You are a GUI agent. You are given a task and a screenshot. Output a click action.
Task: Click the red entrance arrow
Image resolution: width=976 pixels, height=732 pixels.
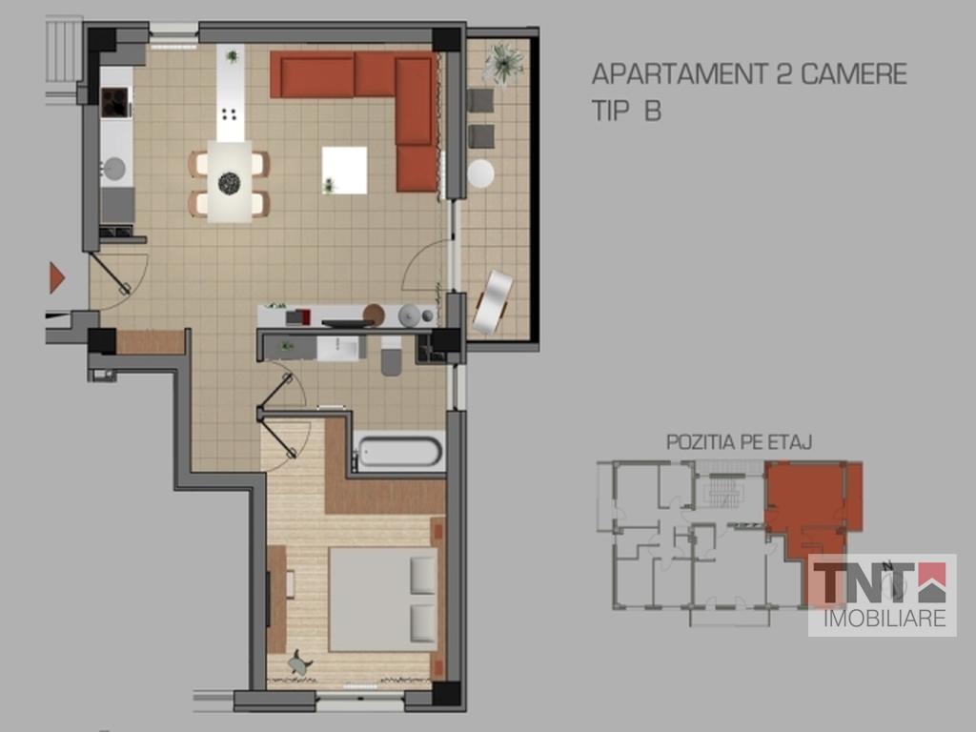(56, 277)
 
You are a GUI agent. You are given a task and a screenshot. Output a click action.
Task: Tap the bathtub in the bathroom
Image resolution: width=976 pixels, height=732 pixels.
(399, 451)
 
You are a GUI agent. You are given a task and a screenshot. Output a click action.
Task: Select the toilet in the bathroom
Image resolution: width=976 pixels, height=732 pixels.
(391, 356)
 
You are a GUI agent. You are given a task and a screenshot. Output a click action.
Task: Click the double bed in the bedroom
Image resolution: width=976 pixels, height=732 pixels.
(383, 599)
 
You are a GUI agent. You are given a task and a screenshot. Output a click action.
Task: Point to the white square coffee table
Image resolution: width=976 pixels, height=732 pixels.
(344, 170)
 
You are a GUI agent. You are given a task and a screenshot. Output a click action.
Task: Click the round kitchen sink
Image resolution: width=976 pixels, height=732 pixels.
(114, 169)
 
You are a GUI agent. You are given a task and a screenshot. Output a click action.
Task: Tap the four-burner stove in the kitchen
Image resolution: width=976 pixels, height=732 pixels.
(114, 103)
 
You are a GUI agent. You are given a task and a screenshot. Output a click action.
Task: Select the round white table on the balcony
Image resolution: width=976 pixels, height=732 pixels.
(480, 173)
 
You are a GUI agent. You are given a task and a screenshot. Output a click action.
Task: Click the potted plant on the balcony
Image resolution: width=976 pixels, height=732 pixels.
(503, 63)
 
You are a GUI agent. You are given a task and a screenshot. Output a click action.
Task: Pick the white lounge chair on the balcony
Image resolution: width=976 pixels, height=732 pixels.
(493, 302)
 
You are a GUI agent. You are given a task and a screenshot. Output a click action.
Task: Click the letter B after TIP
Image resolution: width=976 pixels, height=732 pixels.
(652, 111)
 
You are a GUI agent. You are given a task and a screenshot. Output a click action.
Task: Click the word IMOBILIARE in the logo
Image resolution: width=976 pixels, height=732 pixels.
(884, 618)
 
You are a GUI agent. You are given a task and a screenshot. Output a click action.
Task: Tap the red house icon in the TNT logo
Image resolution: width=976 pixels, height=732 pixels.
(932, 582)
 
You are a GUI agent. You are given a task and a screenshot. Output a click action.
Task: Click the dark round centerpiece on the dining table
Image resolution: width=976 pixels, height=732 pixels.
(229, 183)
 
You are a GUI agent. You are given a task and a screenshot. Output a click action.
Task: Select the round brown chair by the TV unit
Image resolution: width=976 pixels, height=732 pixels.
(374, 315)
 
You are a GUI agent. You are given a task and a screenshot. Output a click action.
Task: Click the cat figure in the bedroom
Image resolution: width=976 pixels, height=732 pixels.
(300, 663)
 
